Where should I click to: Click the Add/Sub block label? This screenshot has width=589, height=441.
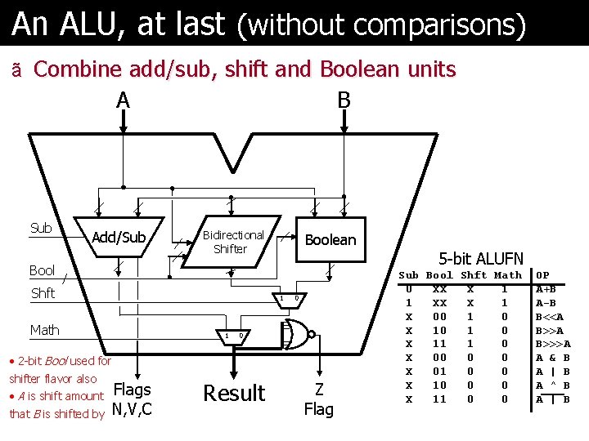(119, 238)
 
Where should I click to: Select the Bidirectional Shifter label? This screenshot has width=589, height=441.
(233, 242)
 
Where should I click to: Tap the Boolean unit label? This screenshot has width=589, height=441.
(330, 239)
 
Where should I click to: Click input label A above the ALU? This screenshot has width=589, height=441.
(123, 100)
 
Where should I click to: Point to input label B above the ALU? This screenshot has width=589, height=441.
(344, 100)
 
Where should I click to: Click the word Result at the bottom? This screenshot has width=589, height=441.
(234, 394)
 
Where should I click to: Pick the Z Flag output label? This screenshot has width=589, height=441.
(318, 400)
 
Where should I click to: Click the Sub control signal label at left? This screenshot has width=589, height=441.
(41, 228)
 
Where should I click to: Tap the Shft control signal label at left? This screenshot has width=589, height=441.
(43, 293)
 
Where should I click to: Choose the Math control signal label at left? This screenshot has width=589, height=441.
(44, 330)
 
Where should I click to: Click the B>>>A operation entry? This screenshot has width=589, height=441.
(553, 344)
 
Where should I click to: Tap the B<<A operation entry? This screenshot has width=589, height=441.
(550, 316)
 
